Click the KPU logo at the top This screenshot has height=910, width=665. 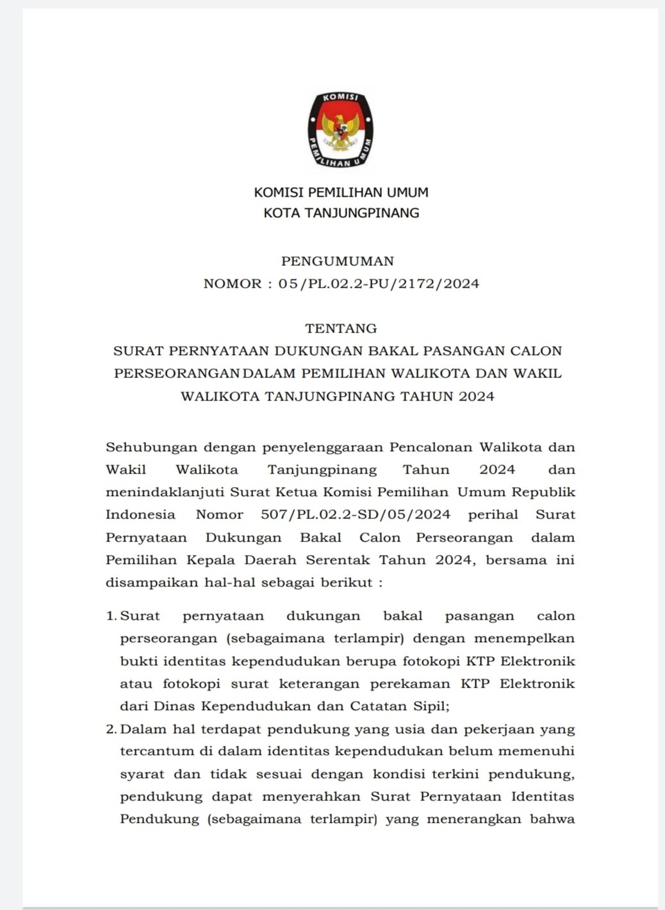click(340, 130)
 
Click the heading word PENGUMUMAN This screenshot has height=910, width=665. click(338, 261)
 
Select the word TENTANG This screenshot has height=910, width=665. click(341, 328)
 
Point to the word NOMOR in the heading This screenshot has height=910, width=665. click(233, 283)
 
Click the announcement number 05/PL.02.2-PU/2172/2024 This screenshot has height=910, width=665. click(379, 283)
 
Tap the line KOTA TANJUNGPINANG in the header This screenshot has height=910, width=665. click(341, 213)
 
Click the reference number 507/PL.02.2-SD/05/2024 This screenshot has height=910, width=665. click(356, 515)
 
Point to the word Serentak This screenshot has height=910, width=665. click(338, 560)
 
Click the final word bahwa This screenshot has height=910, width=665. click(552, 819)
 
